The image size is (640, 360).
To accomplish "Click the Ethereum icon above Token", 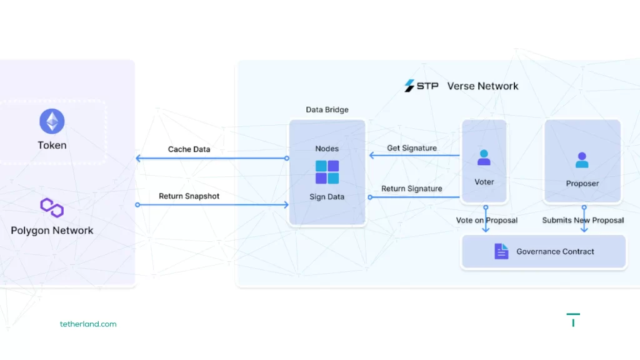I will point(52,121).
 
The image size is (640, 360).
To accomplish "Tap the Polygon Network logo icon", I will point(52,207).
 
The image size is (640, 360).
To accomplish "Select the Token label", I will point(52,145).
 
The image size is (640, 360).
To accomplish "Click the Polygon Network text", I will point(52,231).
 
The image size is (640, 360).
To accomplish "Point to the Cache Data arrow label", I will point(189,149).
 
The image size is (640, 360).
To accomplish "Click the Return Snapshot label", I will point(189,196).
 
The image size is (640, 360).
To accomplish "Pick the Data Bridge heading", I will point(327,110).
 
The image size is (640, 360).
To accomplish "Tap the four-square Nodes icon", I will point(327,172).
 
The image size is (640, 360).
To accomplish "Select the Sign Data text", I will point(327,197).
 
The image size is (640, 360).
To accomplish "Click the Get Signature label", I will point(412,148).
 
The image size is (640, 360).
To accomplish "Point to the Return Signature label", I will point(412,189).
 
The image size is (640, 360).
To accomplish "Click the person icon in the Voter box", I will point(484,157).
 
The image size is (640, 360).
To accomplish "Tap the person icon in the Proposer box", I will point(582,160).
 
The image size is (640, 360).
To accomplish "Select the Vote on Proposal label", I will point(487,220).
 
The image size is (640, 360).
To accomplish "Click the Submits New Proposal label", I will point(582,220).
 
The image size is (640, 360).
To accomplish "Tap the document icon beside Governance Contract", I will point(501,251).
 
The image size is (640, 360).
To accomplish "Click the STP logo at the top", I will point(421,86).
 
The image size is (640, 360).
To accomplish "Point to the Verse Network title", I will point(482,86).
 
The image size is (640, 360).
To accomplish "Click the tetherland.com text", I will point(88,324).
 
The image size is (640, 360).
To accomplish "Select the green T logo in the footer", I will point(573,319).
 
